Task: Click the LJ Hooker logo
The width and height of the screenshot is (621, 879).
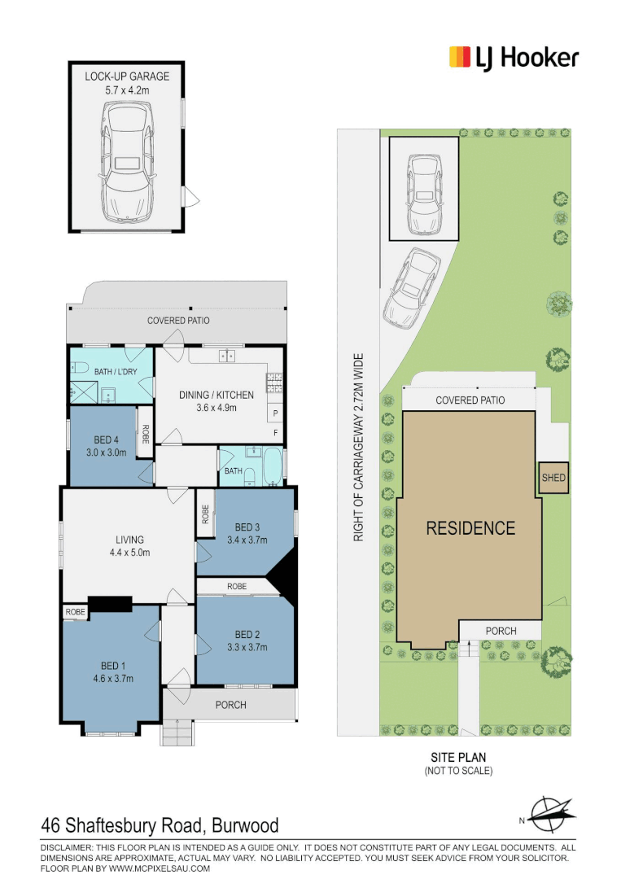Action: click(x=514, y=57)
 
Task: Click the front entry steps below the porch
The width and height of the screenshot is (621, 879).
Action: click(x=177, y=733)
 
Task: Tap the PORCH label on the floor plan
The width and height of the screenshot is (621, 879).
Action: click(x=230, y=705)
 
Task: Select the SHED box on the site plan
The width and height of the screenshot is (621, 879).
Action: click(x=553, y=479)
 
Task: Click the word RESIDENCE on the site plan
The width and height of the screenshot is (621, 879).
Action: click(x=470, y=528)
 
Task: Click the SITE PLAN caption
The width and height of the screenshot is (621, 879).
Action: click(x=458, y=757)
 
